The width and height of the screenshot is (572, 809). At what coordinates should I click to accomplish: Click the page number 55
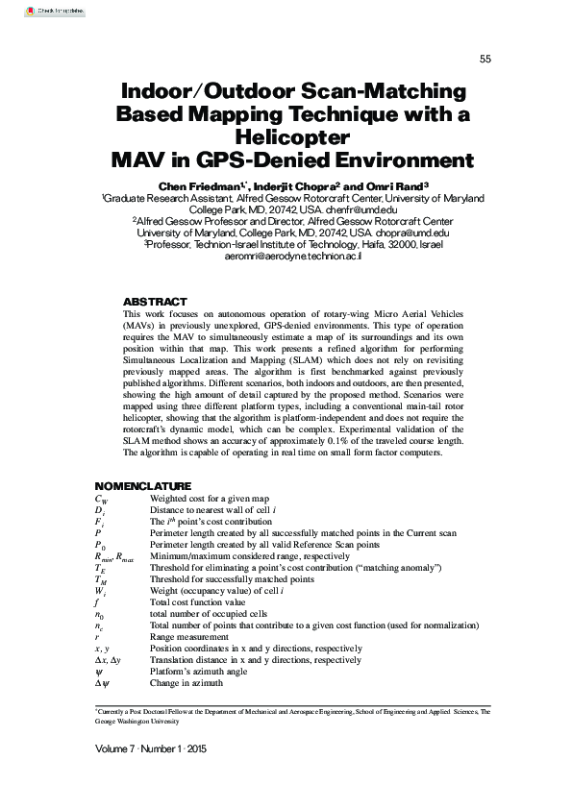click(x=485, y=60)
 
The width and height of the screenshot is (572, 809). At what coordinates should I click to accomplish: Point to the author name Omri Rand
click(x=400, y=185)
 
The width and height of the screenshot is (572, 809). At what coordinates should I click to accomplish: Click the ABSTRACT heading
click(x=156, y=302)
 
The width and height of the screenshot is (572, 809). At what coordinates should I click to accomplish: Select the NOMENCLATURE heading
click(x=142, y=486)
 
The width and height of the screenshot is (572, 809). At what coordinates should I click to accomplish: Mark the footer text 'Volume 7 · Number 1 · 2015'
click(x=151, y=748)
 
